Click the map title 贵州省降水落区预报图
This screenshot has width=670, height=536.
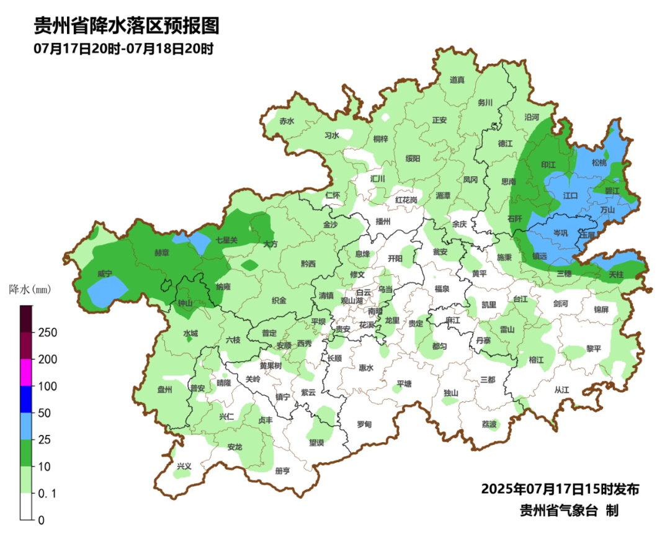click(127, 25)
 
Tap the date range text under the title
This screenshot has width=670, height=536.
click(123, 49)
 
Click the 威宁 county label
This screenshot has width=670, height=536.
click(105, 274)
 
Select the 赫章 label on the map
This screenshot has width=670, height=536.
click(162, 254)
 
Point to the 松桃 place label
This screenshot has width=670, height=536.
click(599, 163)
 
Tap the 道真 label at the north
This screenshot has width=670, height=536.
click(457, 80)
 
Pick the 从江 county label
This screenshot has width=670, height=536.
click(561, 390)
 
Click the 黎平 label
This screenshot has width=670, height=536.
click(594, 349)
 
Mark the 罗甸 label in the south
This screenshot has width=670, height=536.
click(364, 424)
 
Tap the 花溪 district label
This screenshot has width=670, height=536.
click(367, 325)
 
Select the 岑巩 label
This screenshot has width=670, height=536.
click(560, 233)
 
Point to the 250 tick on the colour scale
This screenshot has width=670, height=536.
click(47, 333)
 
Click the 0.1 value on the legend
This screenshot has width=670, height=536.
click(47, 493)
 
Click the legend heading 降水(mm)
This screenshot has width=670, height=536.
click(29, 290)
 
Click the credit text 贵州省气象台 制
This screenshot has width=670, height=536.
click(569, 511)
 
